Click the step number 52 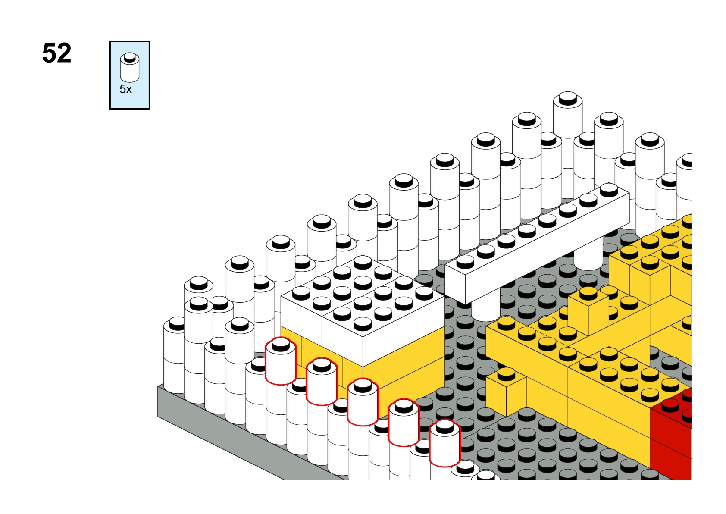(57, 53)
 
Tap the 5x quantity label (126, 89)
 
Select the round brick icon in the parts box (130, 67)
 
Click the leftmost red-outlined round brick (281, 361)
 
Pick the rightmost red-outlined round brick (444, 443)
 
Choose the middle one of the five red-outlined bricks (363, 402)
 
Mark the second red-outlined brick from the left (322, 382)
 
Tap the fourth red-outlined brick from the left (404, 423)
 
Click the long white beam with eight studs (537, 244)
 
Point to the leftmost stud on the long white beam (465, 261)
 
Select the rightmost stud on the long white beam (609, 190)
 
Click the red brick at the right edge (671, 434)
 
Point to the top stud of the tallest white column (567, 98)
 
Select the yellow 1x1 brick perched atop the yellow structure (588, 311)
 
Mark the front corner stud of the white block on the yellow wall (362, 324)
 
